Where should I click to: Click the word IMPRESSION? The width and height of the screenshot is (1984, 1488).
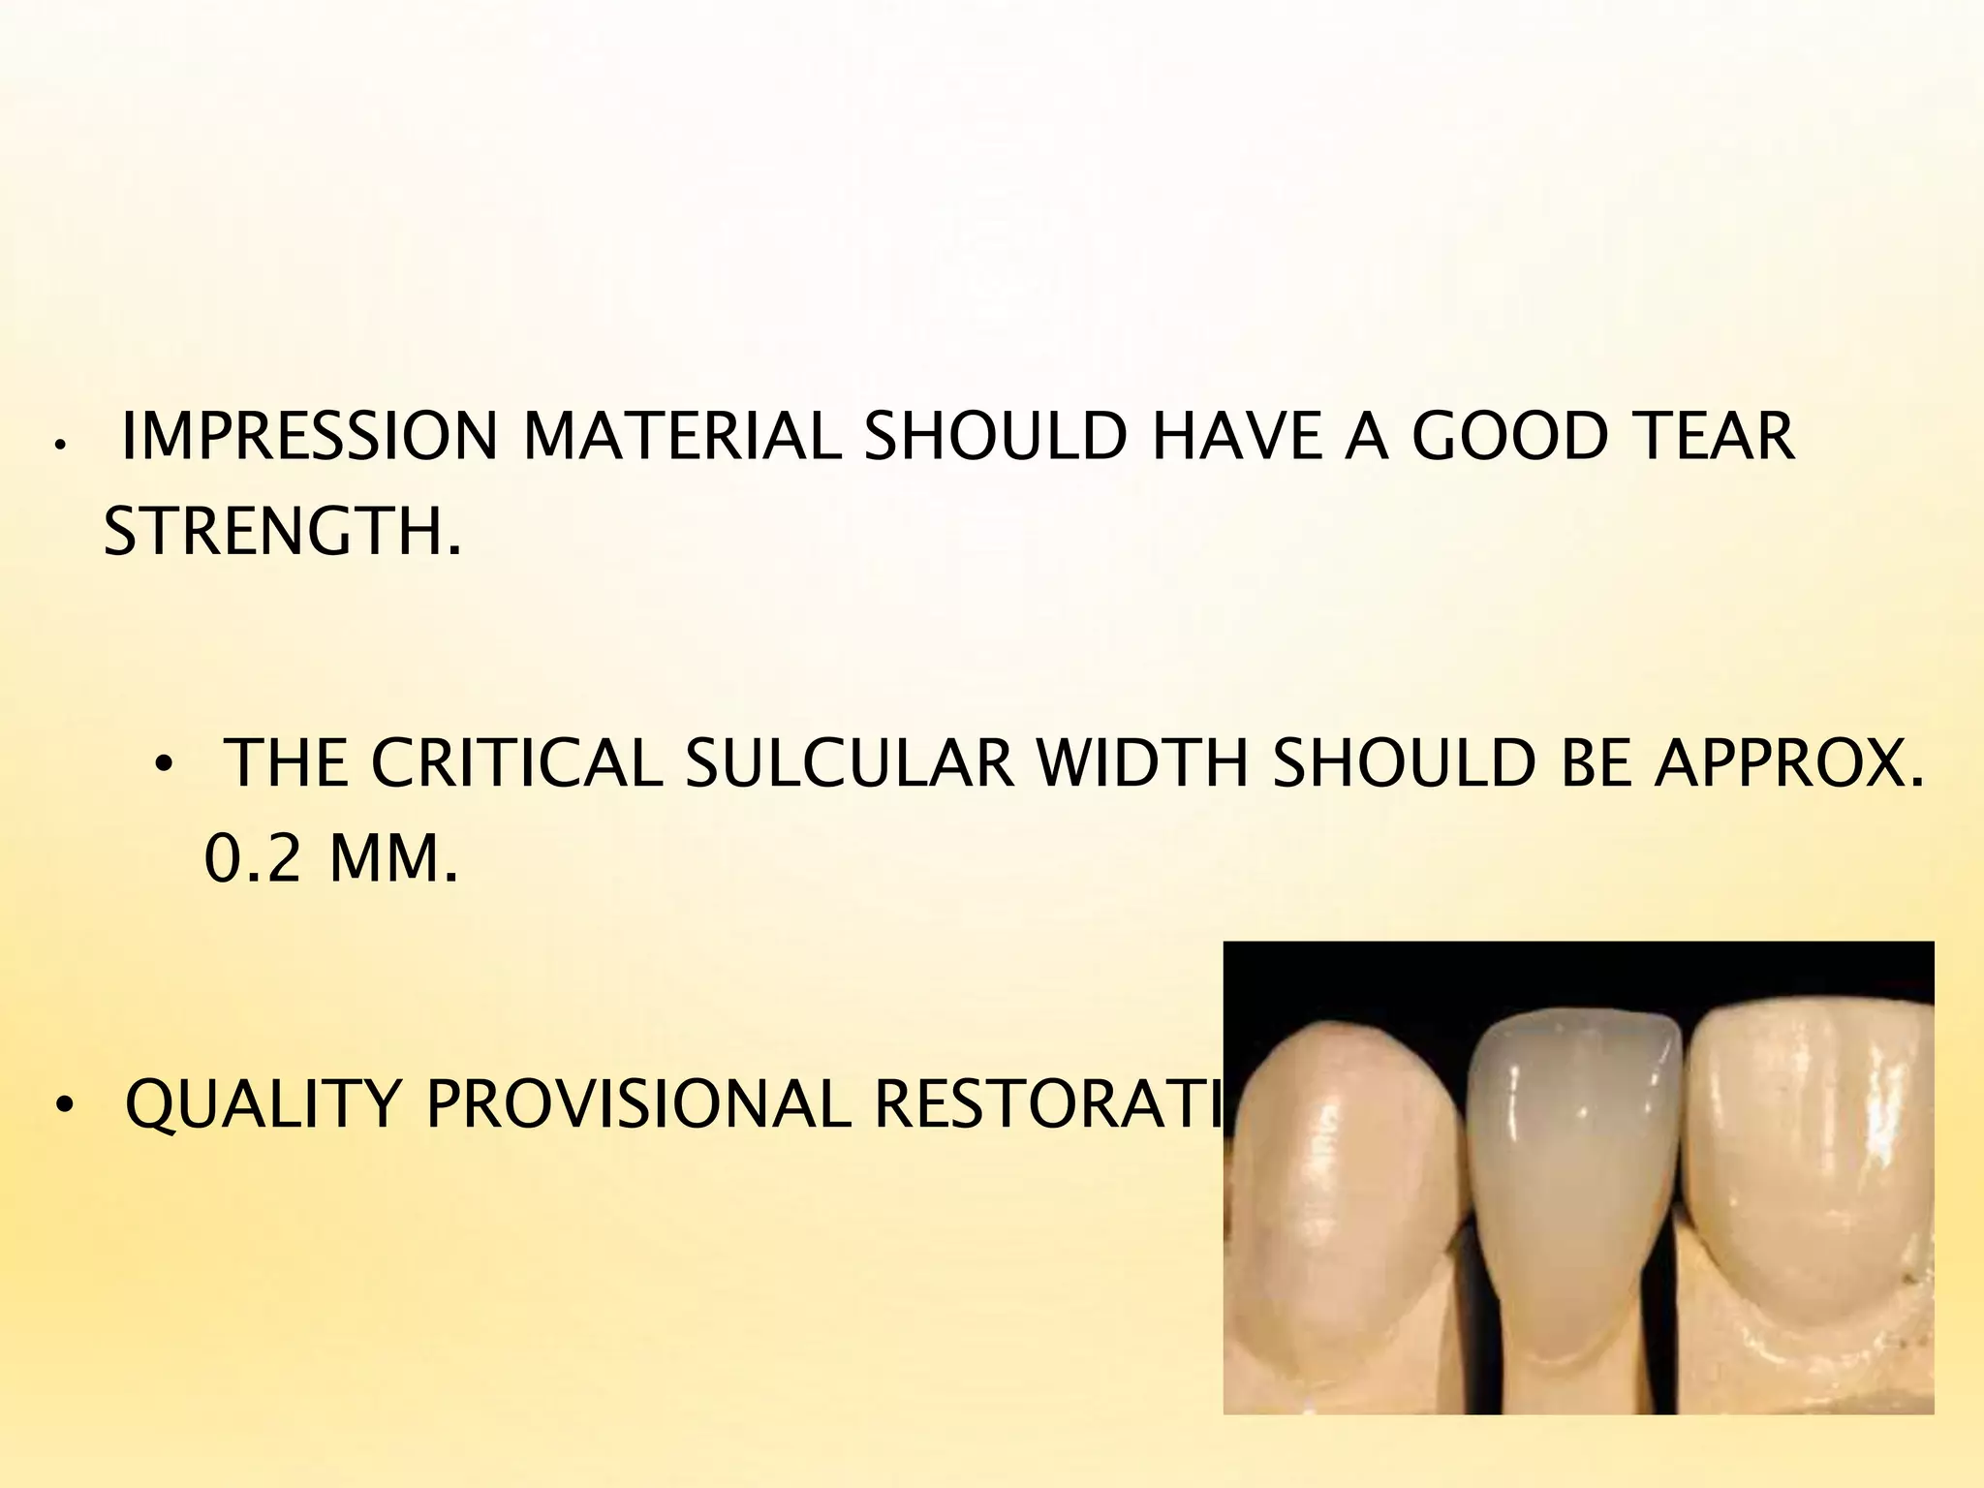coord(308,438)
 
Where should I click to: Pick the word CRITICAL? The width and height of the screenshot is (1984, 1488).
coord(516,765)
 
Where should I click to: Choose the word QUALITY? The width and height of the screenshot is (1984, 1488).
coord(263,1104)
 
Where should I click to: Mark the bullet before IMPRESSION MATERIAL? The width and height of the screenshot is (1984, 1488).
coord(59,446)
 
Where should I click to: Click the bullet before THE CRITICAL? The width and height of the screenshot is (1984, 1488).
coord(162,766)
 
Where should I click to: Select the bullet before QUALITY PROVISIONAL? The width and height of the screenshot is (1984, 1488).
coord(64,1105)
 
